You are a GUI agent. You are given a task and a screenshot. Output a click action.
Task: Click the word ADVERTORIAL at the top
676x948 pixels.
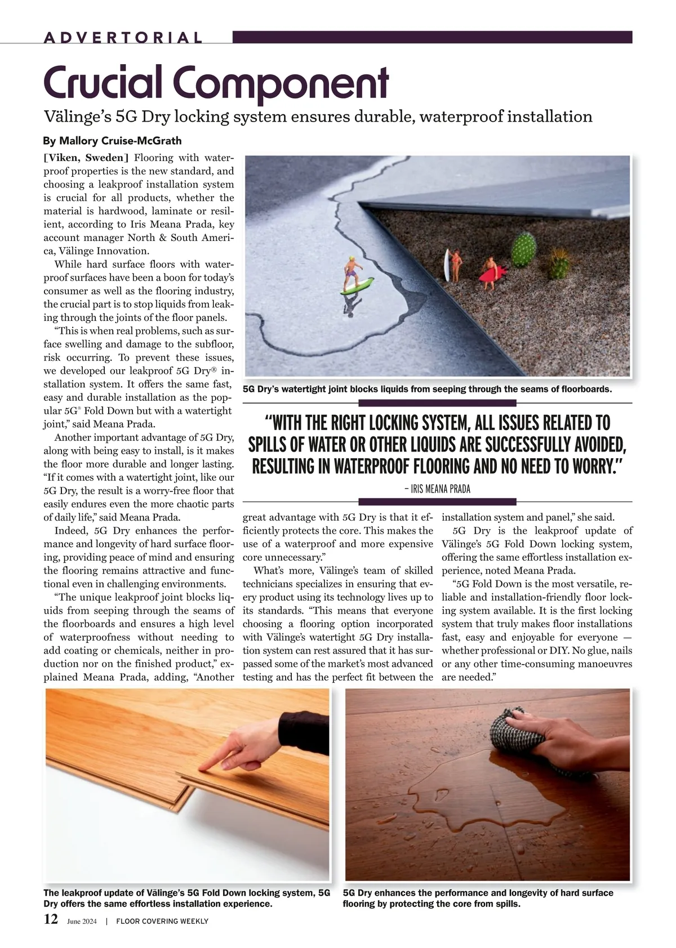[123, 38]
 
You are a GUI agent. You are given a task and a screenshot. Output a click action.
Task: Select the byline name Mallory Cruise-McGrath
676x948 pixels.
[113, 140]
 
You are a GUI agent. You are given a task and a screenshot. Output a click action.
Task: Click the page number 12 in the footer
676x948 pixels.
[51, 920]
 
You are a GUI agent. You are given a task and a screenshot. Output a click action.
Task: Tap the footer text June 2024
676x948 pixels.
[82, 922]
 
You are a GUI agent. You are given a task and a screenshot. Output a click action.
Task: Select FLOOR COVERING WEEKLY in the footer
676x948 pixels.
[162, 922]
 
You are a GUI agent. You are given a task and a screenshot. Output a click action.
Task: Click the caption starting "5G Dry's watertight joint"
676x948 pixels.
[426, 389]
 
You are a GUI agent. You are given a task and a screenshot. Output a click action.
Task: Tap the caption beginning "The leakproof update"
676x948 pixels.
[186, 898]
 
